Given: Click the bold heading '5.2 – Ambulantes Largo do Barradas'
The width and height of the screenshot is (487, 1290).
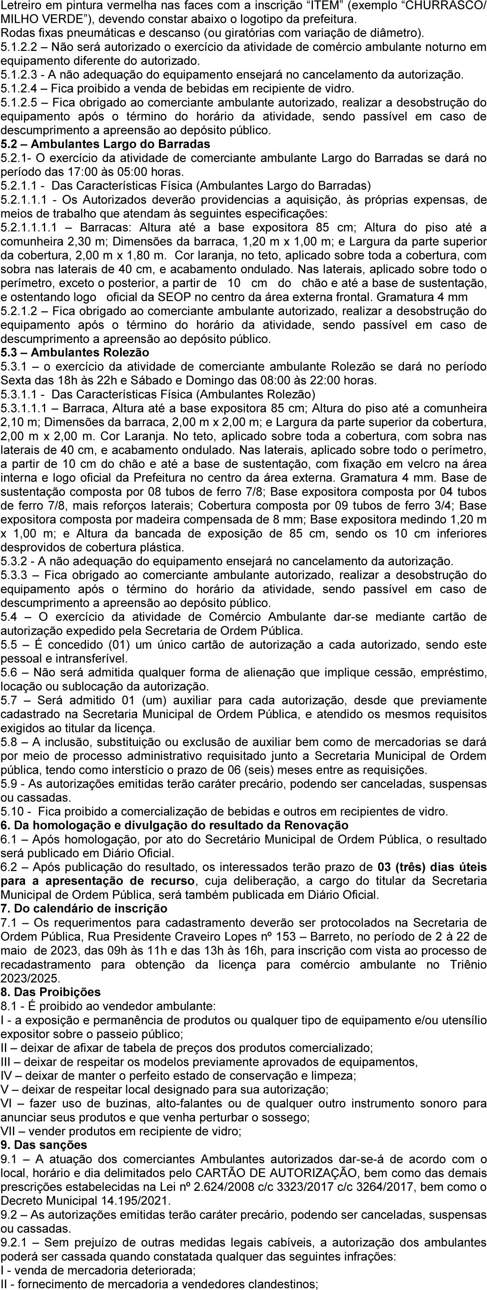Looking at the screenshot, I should point(106,144).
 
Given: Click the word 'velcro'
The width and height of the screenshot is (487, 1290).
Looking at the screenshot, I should point(399,464).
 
